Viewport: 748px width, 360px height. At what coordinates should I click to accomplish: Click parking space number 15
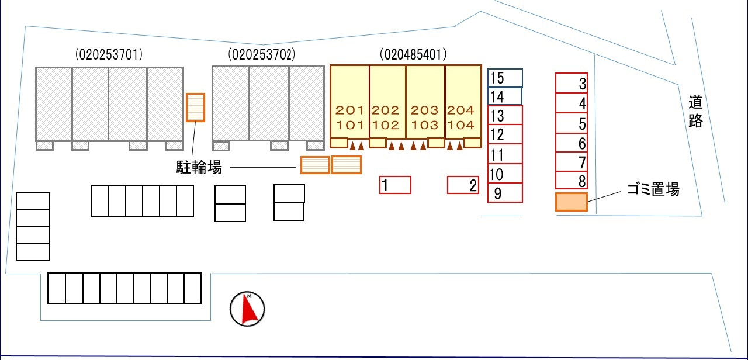click(505, 78)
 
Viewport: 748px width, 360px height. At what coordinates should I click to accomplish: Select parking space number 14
click(505, 96)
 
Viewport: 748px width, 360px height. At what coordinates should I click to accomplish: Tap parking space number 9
click(505, 193)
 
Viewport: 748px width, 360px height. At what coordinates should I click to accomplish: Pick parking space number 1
click(396, 185)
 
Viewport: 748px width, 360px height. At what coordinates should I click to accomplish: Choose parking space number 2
click(463, 185)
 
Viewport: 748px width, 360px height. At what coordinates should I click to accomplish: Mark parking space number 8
click(571, 181)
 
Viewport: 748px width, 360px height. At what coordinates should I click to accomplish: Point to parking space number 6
click(571, 143)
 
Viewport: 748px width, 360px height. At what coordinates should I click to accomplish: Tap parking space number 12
click(505, 134)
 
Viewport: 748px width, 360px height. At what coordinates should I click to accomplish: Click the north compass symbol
click(247, 309)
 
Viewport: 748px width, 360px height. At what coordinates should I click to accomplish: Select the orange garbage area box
click(571, 202)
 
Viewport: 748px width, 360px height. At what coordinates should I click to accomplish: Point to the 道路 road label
click(695, 111)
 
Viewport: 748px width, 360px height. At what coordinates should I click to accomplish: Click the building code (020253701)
click(109, 55)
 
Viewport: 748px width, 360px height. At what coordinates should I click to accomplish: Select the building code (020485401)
click(413, 55)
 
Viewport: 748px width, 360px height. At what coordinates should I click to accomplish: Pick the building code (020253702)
click(262, 55)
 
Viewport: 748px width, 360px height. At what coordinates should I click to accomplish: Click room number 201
click(349, 110)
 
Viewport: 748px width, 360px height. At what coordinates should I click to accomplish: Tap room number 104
click(461, 124)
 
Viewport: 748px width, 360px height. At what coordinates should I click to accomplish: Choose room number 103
click(425, 124)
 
